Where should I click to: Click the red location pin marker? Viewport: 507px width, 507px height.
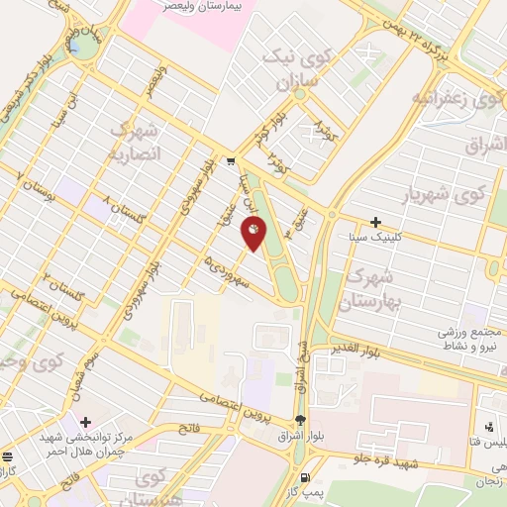tap(254, 234)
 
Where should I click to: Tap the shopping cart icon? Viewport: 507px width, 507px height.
tap(230, 159)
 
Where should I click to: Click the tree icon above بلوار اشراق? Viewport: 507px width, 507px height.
tap(300, 419)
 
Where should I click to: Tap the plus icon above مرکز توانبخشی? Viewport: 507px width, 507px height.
tap(86, 422)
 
